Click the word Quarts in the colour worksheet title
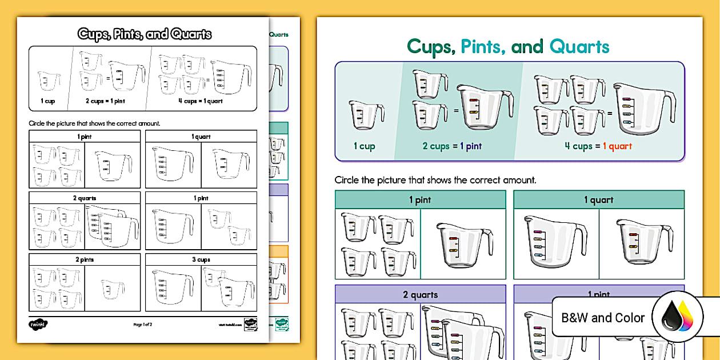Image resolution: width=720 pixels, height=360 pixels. (x=579, y=47)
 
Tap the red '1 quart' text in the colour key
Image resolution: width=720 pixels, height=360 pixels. (x=617, y=146)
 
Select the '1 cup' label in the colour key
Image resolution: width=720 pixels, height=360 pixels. (x=364, y=146)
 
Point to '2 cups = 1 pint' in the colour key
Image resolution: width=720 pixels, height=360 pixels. (x=451, y=146)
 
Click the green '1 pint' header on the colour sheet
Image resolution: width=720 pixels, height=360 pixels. (x=420, y=200)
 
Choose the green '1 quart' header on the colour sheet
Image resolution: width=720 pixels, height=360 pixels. (x=598, y=200)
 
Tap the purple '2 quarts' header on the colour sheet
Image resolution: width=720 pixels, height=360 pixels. (x=420, y=295)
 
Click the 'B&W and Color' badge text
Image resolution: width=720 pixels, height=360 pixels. (x=603, y=318)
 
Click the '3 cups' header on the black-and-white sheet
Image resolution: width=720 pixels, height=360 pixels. (x=201, y=259)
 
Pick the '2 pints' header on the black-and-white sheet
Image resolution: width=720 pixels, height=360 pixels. (x=85, y=259)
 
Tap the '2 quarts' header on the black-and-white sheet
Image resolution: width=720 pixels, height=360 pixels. (x=85, y=198)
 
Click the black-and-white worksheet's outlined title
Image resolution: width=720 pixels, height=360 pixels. (x=145, y=34)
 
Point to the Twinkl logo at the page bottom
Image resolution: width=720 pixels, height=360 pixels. (x=38, y=324)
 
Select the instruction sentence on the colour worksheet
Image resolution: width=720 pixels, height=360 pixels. (x=435, y=180)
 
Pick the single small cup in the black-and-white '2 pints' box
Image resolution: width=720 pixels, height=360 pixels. (x=112, y=289)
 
